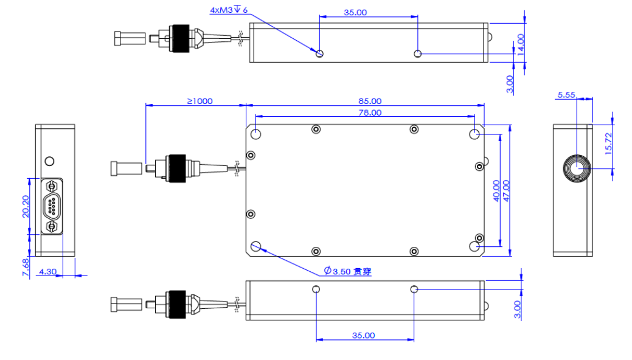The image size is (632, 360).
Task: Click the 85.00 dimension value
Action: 370,101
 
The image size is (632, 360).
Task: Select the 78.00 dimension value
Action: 370,112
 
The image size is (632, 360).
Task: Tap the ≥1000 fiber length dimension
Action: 200,101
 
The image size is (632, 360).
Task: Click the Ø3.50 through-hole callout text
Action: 347,271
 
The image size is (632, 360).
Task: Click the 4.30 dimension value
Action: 47,272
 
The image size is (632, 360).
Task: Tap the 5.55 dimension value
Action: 566,95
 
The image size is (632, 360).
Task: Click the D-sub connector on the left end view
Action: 53,206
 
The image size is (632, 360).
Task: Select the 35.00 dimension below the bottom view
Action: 364,335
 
